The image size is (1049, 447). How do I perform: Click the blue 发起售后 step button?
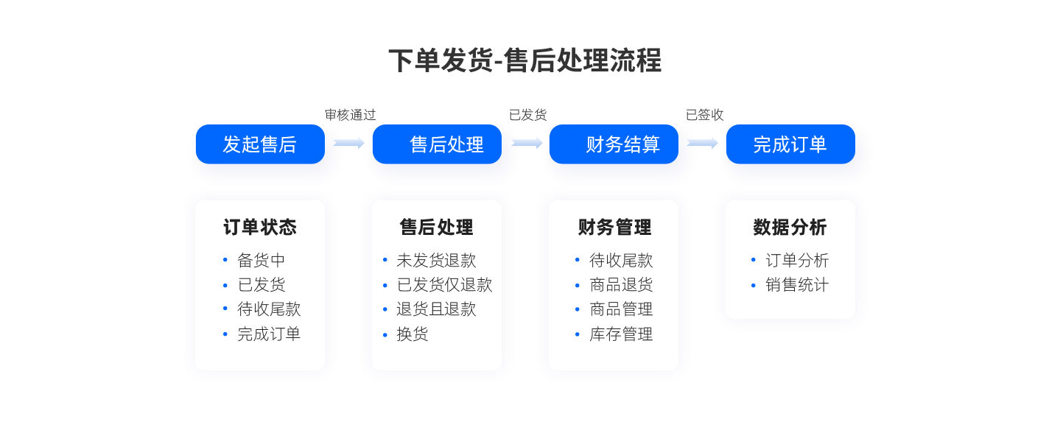[x=259, y=144]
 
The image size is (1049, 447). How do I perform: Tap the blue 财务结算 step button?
[x=614, y=144]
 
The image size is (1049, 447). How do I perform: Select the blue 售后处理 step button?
[x=437, y=144]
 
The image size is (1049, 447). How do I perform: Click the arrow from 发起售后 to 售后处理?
[x=349, y=143]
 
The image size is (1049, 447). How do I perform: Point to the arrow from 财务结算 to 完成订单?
[x=703, y=143]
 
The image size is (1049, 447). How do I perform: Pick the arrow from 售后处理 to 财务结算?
[x=527, y=143]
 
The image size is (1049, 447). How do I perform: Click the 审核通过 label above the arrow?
[x=350, y=115]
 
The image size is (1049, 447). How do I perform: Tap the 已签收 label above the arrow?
[x=705, y=115]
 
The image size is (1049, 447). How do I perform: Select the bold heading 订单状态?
[x=260, y=228]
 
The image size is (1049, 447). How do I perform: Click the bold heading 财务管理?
[x=614, y=228]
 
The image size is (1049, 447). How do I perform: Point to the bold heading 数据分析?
[x=790, y=228]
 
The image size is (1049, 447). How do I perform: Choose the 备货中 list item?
[x=262, y=261]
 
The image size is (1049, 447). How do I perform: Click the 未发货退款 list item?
[x=436, y=261]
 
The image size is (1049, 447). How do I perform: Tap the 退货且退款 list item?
[x=436, y=309]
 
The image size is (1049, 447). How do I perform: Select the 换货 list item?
[x=413, y=334]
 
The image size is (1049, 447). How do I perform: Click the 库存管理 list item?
[x=621, y=334]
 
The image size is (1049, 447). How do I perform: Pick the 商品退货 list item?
[x=621, y=285]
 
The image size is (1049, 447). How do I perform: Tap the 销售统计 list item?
[x=797, y=285]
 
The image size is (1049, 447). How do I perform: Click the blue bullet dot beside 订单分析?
[x=754, y=260]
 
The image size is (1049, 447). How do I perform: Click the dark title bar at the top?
[x=524, y=60]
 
